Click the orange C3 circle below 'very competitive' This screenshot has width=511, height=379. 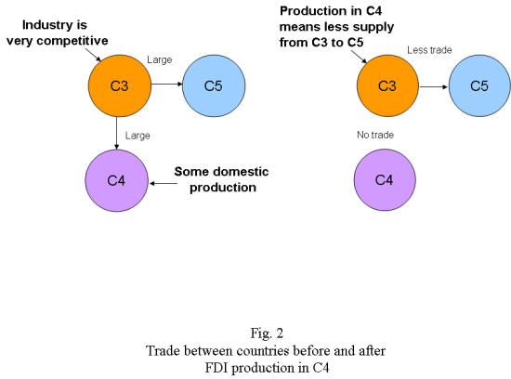[120, 85]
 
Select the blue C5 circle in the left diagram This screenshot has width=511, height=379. [214, 85]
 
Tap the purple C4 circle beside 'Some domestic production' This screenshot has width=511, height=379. [116, 180]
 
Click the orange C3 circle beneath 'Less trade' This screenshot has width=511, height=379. [387, 85]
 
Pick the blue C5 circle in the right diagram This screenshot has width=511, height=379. [479, 85]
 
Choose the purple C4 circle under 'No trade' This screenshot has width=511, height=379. [385, 179]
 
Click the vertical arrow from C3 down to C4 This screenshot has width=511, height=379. [116, 133]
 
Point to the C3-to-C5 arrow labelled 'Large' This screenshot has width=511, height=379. [167, 85]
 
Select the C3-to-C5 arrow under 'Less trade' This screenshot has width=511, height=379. [434, 86]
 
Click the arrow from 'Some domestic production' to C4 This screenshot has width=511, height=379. [164, 183]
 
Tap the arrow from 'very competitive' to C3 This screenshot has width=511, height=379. [93, 55]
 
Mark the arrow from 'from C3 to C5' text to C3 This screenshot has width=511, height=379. [359, 56]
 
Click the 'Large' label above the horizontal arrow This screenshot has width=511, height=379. [160, 59]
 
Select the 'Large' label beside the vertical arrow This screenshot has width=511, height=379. [138, 136]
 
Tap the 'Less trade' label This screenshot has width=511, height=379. [429, 50]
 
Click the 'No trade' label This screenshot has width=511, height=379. [375, 135]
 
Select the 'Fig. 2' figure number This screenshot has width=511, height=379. [267, 333]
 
